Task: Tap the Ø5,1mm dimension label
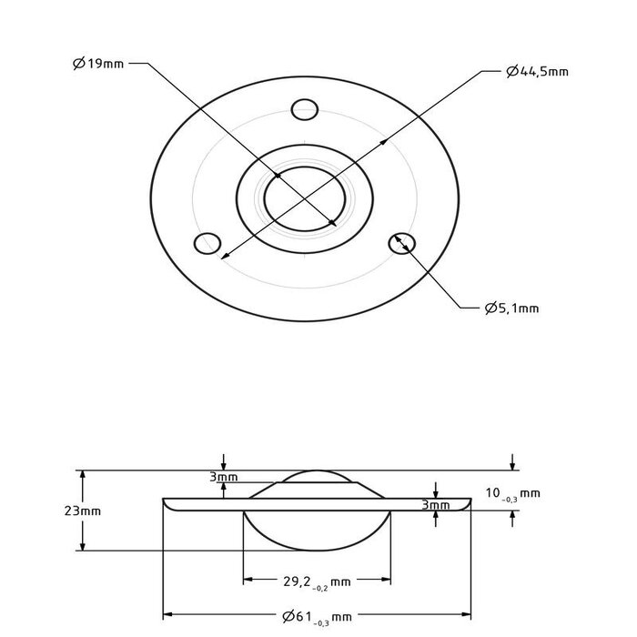511,308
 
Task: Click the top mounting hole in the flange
304,111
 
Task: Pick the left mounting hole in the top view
208,244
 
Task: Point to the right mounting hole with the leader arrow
401,243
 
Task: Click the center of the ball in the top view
305,196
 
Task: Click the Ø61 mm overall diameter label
316,617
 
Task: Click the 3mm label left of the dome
222,477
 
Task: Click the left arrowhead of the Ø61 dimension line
167,616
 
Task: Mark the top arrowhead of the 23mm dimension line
84,474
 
